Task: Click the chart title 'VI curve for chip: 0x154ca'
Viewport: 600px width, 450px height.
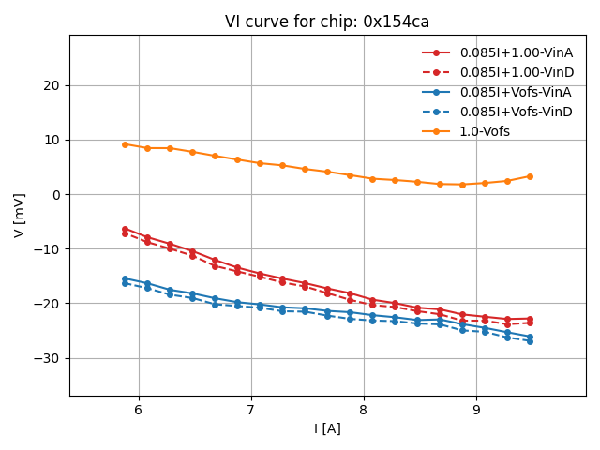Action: click(x=327, y=22)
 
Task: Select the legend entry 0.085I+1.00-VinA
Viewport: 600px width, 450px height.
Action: click(x=516, y=52)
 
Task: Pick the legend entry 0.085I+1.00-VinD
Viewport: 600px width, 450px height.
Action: click(x=516, y=72)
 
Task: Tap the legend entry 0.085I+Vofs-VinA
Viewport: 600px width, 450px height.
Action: click(x=516, y=92)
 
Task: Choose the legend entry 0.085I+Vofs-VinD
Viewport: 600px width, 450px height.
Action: click(x=516, y=112)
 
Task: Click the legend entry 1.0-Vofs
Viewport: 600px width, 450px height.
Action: click(x=485, y=131)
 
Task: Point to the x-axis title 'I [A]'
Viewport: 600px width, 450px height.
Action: click(x=327, y=428)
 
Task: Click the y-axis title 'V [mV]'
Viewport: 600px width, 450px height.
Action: click(x=20, y=216)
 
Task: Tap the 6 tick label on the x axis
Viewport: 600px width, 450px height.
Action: click(x=139, y=410)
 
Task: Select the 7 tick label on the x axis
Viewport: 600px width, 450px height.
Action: click(x=251, y=410)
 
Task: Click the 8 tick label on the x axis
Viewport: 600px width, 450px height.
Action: click(x=364, y=410)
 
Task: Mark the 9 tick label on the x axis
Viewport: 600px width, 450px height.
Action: click(x=476, y=410)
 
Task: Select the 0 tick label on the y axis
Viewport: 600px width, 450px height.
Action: click(x=54, y=194)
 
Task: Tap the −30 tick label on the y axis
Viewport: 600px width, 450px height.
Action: click(x=47, y=358)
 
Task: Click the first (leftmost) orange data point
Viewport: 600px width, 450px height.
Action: click(x=125, y=144)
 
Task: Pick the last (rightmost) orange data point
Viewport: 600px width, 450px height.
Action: click(x=530, y=176)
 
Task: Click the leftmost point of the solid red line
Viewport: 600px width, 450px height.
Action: click(x=125, y=229)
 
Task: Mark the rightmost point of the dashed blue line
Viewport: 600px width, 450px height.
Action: click(x=530, y=341)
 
